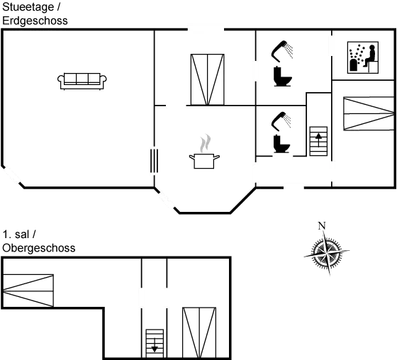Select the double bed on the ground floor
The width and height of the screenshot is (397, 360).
[207, 79]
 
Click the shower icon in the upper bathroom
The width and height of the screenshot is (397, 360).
[282, 64]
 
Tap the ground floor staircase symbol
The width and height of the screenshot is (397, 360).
[318, 141]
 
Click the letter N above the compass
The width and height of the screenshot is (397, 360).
[323, 225]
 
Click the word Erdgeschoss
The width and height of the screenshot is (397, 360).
[35, 21]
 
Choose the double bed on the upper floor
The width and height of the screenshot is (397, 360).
[198, 332]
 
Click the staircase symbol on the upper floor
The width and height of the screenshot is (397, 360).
[154, 342]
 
